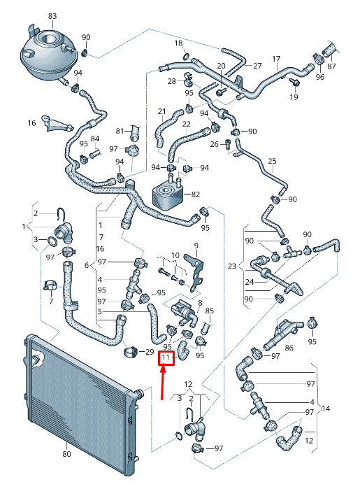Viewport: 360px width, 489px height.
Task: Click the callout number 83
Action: coord(52,15)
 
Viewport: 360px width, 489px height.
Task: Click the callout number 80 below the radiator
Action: coord(66,453)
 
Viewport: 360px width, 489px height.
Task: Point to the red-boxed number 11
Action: coord(166,357)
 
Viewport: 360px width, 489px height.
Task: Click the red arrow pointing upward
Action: coord(162,382)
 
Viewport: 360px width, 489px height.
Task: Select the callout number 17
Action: coord(276,59)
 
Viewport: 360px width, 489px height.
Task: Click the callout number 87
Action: coord(331,66)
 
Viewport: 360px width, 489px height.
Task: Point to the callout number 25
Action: coord(272,161)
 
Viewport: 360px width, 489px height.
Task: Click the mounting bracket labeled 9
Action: coord(194,272)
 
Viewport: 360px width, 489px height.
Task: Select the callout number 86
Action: coord(289,348)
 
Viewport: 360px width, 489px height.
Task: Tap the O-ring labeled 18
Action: coord(186,57)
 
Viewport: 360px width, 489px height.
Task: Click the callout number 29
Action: coord(150,351)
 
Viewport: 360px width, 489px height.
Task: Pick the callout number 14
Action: coord(326,409)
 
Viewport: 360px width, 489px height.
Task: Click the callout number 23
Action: coord(231,266)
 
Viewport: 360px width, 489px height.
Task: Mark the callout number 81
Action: coord(120,131)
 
